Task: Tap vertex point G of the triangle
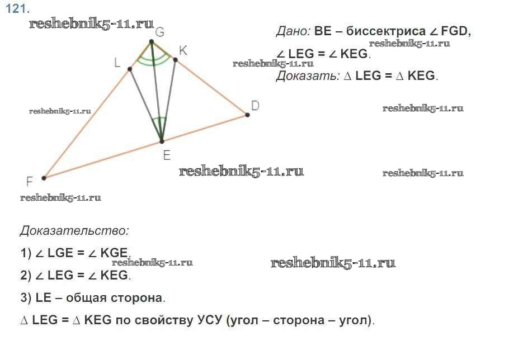pyautogui.click(x=151, y=41)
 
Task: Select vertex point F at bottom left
pyautogui.click(x=44, y=178)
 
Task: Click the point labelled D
pyautogui.click(x=247, y=115)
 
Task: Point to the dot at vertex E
pyautogui.click(x=162, y=141)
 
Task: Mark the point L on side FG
pyautogui.click(x=130, y=69)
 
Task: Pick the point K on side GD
pyautogui.click(x=175, y=60)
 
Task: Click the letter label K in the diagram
pyautogui.click(x=183, y=51)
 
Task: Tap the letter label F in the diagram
pyautogui.click(x=30, y=182)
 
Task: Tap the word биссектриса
pyautogui.click(x=385, y=31)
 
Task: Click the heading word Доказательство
pyautogui.click(x=74, y=231)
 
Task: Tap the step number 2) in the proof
pyautogui.click(x=26, y=276)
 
